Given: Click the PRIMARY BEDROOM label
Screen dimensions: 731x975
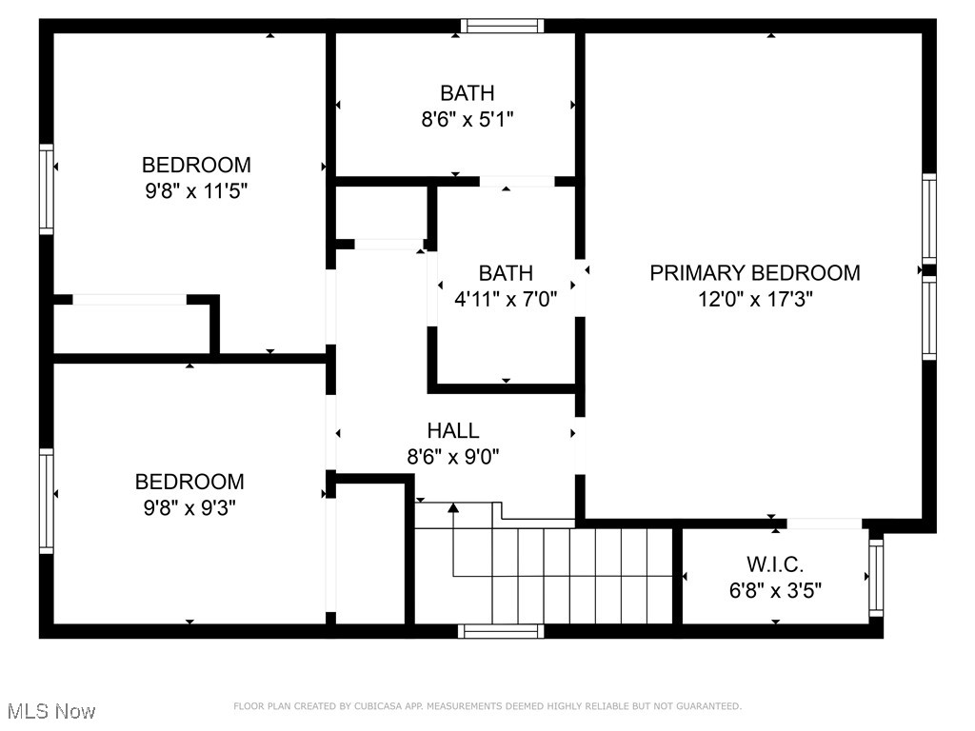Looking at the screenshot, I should point(754,273).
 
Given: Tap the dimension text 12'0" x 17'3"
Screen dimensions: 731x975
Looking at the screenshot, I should point(754,299).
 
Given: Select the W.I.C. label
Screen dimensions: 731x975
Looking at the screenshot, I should point(775,564).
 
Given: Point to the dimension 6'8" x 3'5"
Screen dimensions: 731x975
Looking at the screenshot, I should point(775,590).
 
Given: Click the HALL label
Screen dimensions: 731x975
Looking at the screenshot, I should point(453,431).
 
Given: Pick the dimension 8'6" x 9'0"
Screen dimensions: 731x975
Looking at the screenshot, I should point(453,457).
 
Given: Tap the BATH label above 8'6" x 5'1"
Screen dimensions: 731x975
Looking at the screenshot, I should point(467,93).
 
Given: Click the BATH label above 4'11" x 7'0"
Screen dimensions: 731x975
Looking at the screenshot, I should point(506,273).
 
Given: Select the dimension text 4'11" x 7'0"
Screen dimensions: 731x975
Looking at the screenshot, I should point(506,299).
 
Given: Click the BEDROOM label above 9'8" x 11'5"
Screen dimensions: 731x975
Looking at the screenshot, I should point(196,165).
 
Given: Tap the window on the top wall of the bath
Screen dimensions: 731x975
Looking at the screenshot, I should point(503,26).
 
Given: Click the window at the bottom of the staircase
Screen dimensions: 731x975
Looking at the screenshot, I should point(501,630).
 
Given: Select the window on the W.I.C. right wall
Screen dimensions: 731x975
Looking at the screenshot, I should point(876,577).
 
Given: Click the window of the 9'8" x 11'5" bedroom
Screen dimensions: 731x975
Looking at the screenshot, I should point(46,188).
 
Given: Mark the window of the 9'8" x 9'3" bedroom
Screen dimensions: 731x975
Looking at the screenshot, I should point(46,501).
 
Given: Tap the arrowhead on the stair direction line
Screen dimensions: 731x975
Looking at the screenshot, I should point(454,509).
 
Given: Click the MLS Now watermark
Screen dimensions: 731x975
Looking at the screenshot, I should point(51,711).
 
